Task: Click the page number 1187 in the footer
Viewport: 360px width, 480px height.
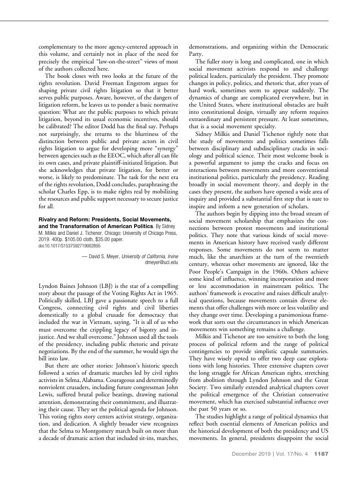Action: pos(322,454)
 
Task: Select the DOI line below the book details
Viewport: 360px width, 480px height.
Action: pos(69,246)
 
